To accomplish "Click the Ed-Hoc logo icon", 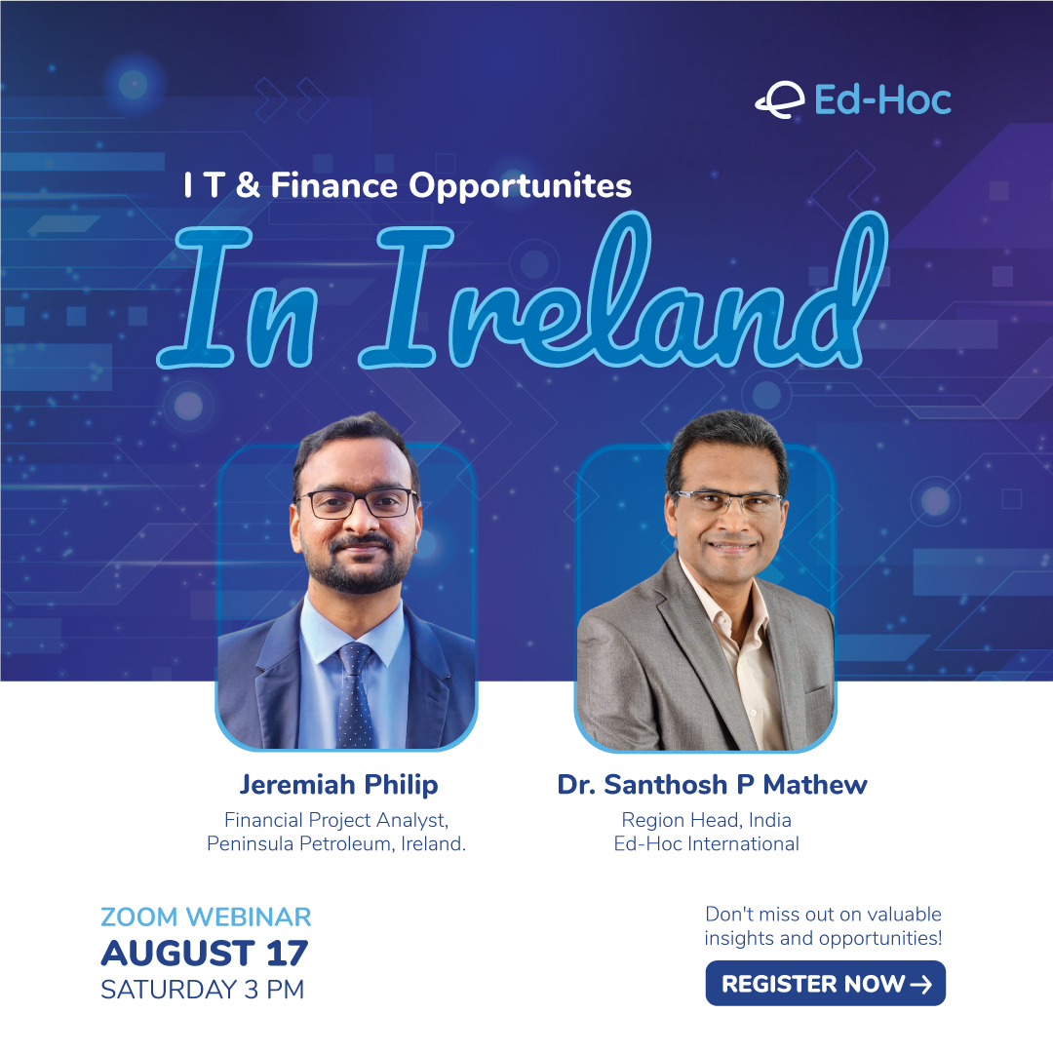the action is (x=780, y=100).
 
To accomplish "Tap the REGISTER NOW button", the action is (x=826, y=983).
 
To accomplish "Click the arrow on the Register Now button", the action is (x=920, y=984).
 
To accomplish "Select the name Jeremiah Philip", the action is (x=339, y=785).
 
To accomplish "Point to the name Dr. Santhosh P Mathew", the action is (x=712, y=784).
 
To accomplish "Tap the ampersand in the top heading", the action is (x=248, y=184).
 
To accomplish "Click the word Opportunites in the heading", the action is (x=521, y=186).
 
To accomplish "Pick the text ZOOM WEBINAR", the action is (x=206, y=916).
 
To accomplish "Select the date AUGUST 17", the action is (x=204, y=953).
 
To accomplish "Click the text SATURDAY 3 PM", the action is (x=202, y=990).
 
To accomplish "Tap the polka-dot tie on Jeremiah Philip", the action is (x=354, y=695).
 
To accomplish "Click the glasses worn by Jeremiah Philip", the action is (x=357, y=503).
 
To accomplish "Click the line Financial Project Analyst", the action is (x=336, y=820).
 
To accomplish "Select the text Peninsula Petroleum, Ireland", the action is (x=336, y=843).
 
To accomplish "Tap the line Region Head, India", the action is (x=707, y=820).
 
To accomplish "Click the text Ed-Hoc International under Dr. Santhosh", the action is (x=707, y=843).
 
